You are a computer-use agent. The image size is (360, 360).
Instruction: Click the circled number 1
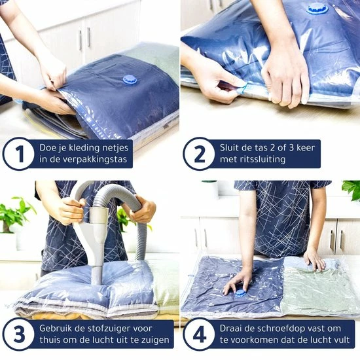tap(18, 154)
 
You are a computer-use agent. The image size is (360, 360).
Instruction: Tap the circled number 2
tap(199, 154)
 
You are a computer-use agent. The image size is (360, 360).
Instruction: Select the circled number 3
tap(18, 334)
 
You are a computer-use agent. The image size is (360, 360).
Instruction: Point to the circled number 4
tap(199, 334)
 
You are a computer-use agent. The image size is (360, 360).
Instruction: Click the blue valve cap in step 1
tap(130, 80)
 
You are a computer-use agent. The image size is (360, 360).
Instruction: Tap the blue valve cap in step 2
tap(315, 9)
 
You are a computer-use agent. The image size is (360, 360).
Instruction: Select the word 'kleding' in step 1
tap(82, 148)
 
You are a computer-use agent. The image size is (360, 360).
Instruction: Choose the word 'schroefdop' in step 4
tap(282, 329)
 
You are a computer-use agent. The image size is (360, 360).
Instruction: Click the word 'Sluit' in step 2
tap(229, 147)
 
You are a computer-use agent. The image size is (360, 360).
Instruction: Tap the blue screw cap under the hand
tap(240, 295)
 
